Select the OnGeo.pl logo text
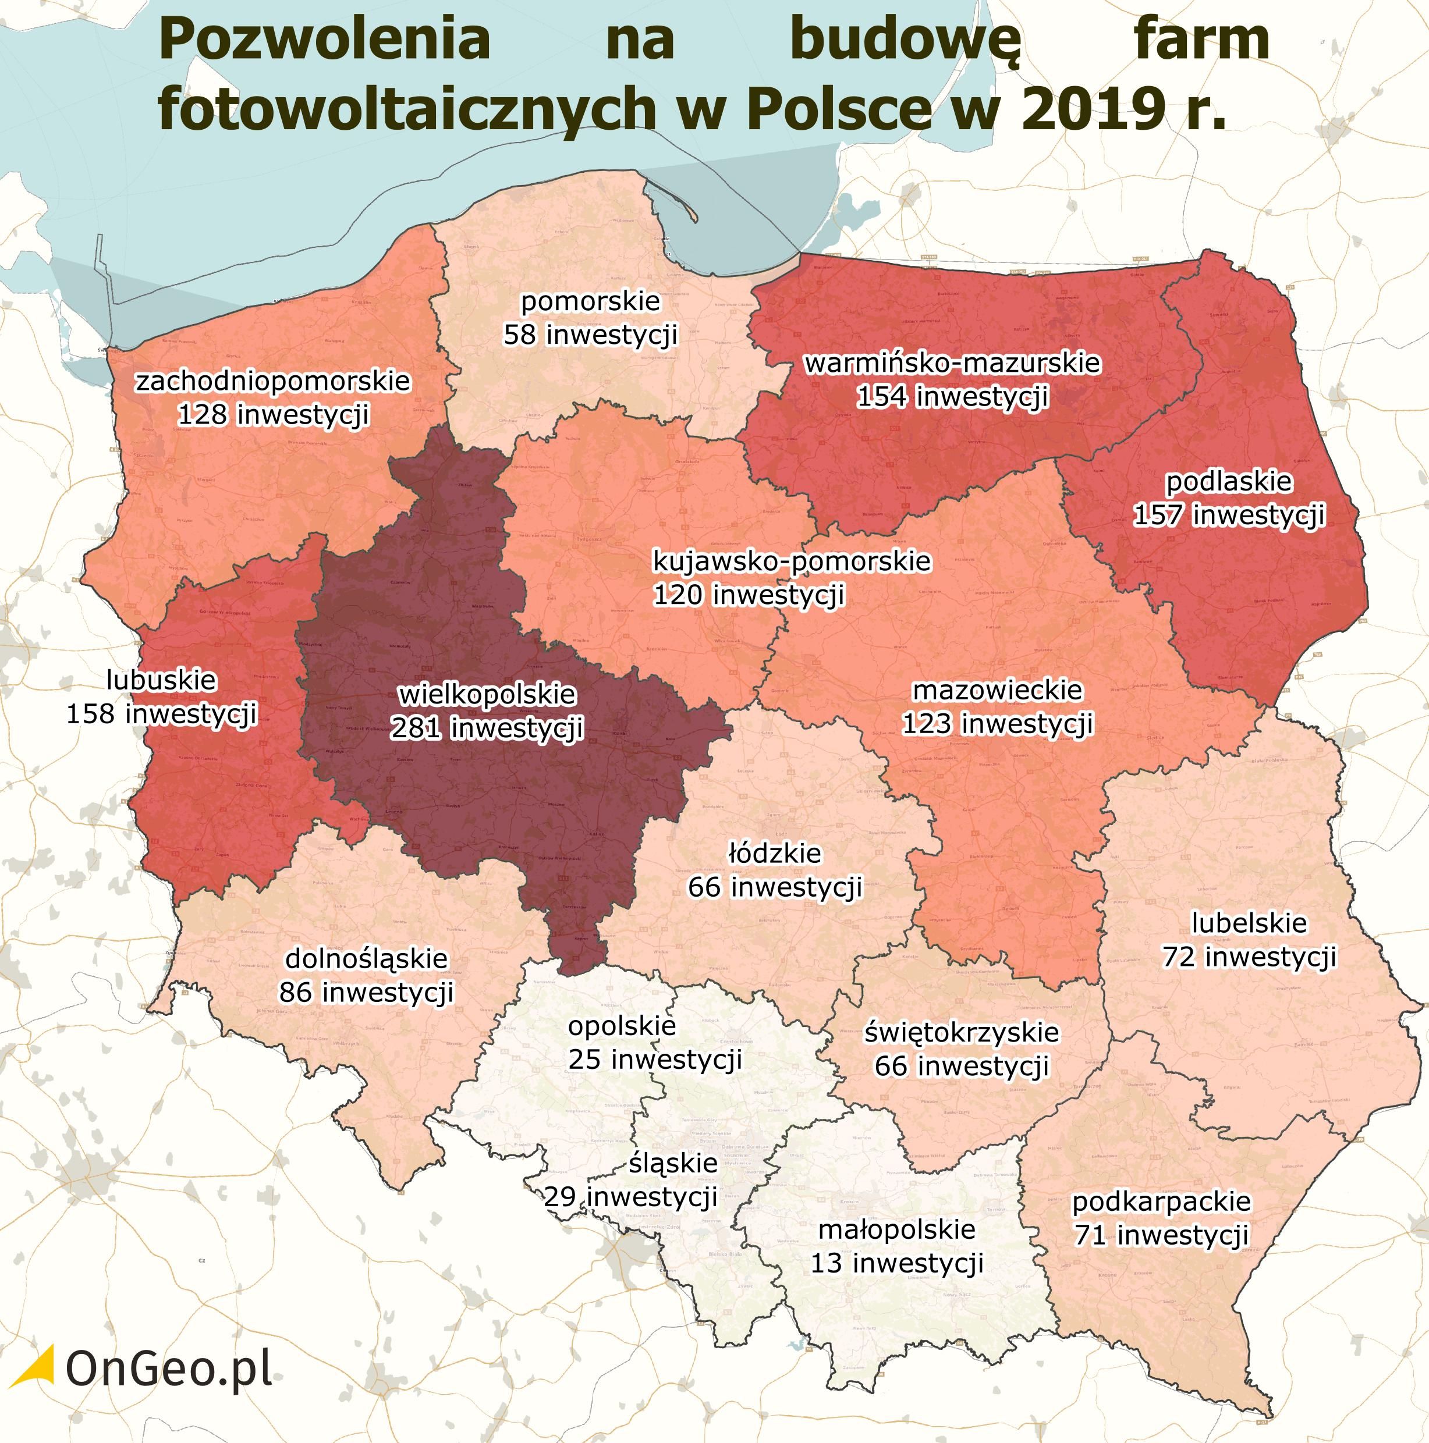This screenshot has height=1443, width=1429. click(x=169, y=1367)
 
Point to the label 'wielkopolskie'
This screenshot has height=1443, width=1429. click(x=487, y=695)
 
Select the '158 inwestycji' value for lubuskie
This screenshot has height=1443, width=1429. click(x=161, y=714)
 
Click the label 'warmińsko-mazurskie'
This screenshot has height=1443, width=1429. click(x=952, y=363)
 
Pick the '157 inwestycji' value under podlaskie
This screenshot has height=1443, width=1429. click(x=1229, y=516)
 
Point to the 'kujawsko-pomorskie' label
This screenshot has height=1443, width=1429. click(x=792, y=561)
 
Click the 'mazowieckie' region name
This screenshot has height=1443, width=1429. click(x=997, y=690)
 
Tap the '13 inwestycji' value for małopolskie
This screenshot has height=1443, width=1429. click(x=896, y=1263)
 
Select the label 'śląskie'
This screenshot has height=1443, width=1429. click(x=672, y=1163)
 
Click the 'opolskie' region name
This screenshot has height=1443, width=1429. click(x=622, y=1025)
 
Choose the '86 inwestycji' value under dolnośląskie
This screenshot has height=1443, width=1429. click(x=366, y=993)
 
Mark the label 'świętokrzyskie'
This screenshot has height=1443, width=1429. click(x=962, y=1032)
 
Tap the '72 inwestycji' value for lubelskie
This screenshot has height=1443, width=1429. click(x=1249, y=957)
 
